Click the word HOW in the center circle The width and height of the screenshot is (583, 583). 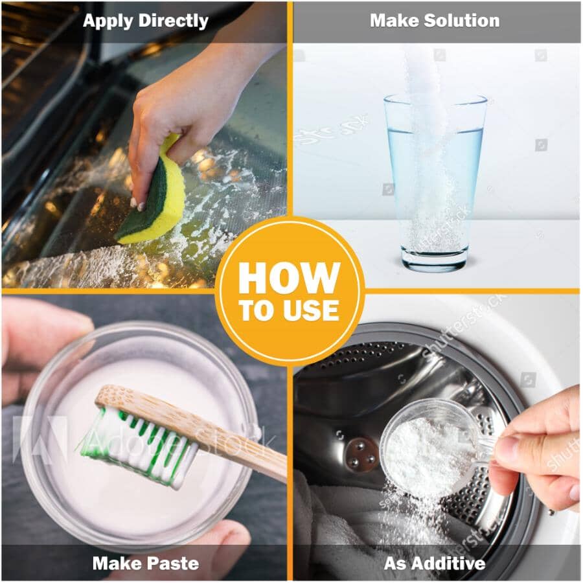point(290,278)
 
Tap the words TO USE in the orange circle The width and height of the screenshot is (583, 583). point(290,311)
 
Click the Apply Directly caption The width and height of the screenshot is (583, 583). point(146,21)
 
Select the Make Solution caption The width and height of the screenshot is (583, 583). point(435,21)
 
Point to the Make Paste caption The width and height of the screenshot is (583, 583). point(146,563)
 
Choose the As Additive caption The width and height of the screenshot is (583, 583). point(435,563)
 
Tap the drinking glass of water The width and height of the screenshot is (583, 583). point(435,181)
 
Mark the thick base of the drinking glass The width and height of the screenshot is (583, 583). point(435,259)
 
